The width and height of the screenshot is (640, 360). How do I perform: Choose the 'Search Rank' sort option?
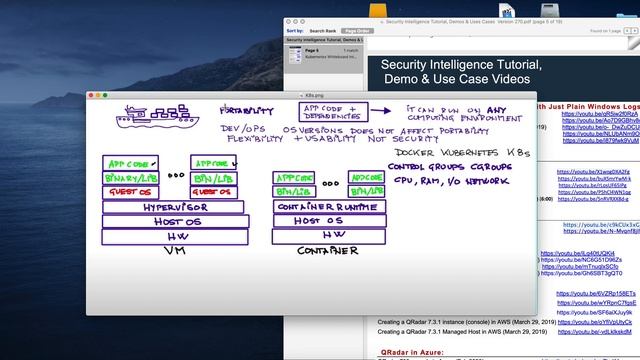tap(322, 31)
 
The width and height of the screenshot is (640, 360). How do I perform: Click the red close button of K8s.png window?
tap(91, 95)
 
